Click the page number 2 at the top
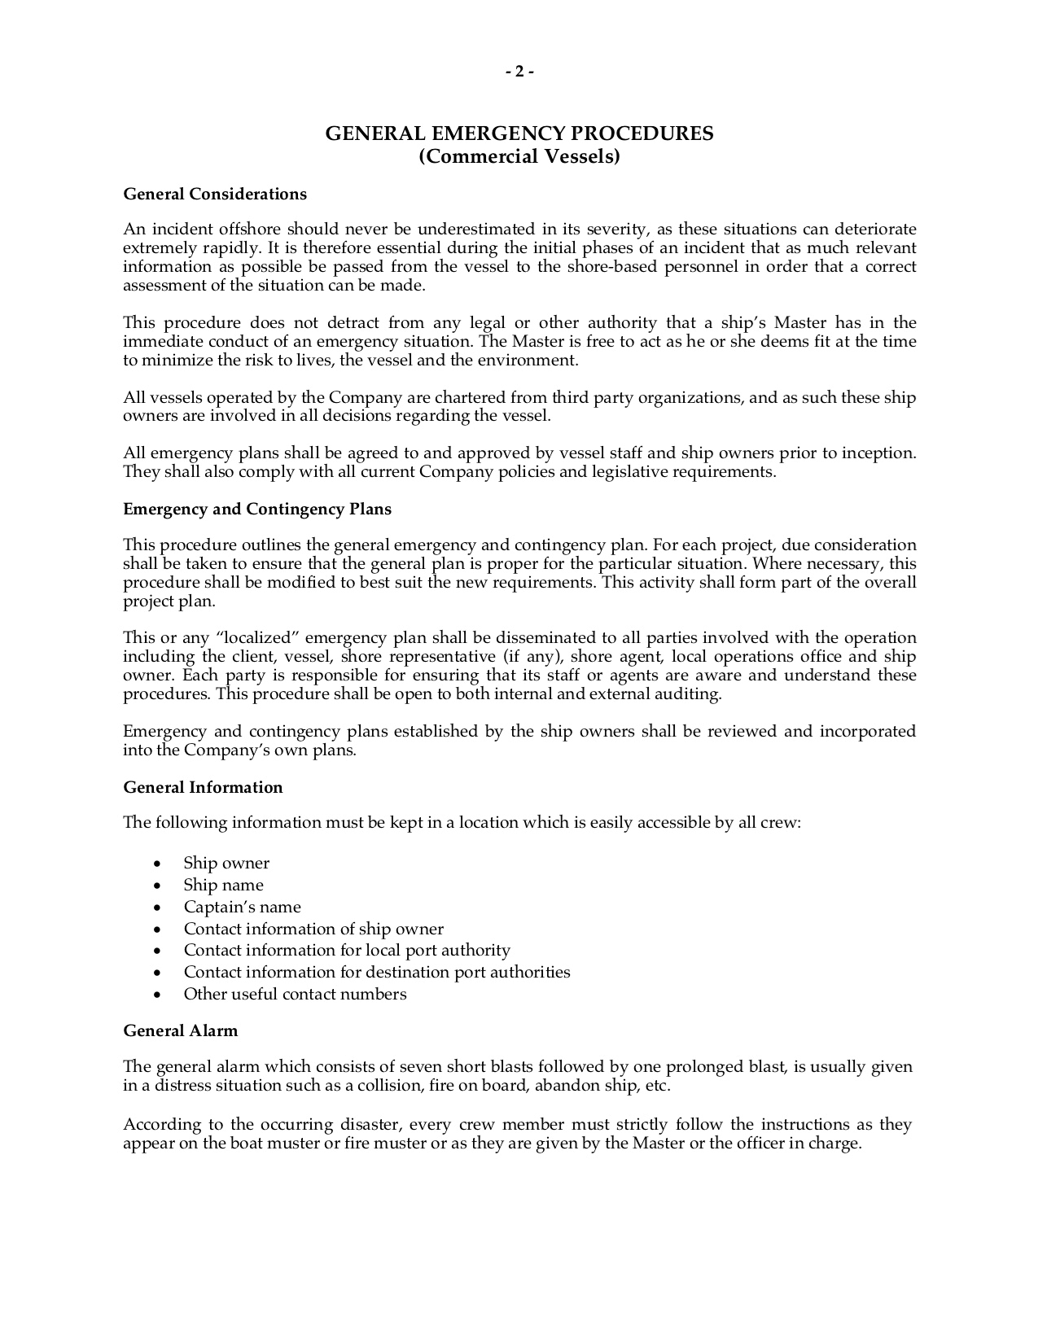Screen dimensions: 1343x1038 coord(519,72)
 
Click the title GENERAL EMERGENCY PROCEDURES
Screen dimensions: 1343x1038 coord(519,133)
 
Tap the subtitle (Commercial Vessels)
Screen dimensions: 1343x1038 coord(519,156)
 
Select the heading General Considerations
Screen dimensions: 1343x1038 coord(215,194)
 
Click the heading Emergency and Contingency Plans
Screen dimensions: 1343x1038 coord(257,509)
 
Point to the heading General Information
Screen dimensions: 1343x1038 coord(203,787)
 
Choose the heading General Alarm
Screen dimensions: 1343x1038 coord(181,1030)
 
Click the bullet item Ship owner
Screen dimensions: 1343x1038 coord(226,863)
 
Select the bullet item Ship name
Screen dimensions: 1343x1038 coord(223,885)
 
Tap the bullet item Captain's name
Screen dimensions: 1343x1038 coord(242,907)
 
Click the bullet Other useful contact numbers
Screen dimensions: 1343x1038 coord(295,994)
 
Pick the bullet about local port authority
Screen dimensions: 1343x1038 coord(347,950)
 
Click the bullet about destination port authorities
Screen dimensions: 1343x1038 coord(377,972)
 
